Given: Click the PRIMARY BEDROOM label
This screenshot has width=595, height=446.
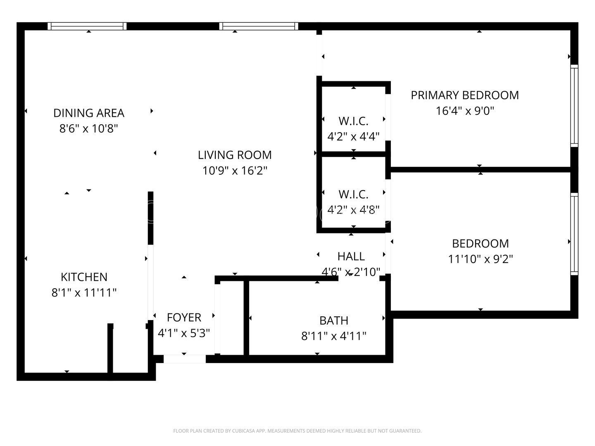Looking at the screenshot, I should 464,95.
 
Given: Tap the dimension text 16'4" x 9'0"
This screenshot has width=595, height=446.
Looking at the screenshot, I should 465,111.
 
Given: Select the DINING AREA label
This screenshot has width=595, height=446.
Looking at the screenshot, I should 89,113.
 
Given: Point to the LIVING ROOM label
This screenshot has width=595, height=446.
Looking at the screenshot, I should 235,155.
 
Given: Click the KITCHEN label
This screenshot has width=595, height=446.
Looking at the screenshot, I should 84,277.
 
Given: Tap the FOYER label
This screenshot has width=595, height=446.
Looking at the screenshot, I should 184,317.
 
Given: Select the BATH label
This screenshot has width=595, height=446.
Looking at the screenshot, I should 333,320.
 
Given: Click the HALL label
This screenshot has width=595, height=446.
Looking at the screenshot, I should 351,256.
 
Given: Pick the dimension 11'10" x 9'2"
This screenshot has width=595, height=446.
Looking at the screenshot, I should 480,259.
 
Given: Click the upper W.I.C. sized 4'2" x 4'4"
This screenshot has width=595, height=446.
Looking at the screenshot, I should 353,121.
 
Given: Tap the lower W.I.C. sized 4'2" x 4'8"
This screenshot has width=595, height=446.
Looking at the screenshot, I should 353,194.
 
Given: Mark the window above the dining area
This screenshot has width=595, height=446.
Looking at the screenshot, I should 87,26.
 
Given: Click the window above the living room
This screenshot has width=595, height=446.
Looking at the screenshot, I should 259,26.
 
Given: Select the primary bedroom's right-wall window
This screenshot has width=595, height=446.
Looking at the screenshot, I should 574,105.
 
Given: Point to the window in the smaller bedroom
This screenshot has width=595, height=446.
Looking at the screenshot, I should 574,234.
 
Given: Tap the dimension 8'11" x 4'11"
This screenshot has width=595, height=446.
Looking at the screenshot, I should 333,336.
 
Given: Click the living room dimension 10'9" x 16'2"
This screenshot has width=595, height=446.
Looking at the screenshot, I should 235,171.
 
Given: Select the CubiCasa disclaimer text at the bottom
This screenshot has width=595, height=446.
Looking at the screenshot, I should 297,431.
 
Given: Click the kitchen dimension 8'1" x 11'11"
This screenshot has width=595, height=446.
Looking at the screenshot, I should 84,293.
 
